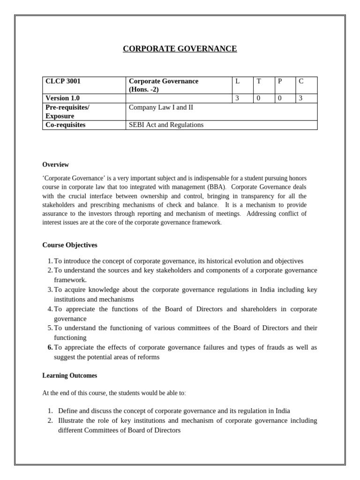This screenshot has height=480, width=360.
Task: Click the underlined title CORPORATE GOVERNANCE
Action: [180, 49]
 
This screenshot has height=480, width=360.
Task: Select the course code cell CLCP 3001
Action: [63, 82]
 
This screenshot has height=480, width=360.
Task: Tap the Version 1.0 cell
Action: [62, 98]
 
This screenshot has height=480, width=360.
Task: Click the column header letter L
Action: [238, 82]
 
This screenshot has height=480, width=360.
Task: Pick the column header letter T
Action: [258, 82]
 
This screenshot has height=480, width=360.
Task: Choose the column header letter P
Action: [280, 82]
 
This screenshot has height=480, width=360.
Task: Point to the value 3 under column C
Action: [301, 98]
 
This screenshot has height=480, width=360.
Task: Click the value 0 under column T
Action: [258, 98]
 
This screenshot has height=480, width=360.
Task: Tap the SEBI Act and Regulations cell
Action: [166, 125]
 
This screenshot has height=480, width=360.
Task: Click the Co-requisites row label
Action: [65, 125]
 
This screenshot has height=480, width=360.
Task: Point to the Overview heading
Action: [55, 165]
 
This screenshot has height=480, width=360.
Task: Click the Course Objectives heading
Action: [70, 245]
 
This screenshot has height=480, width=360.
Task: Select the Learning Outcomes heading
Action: [70, 376]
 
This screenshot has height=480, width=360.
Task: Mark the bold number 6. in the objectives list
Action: [50, 347]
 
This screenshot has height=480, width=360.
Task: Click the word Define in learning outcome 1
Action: [67, 411]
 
